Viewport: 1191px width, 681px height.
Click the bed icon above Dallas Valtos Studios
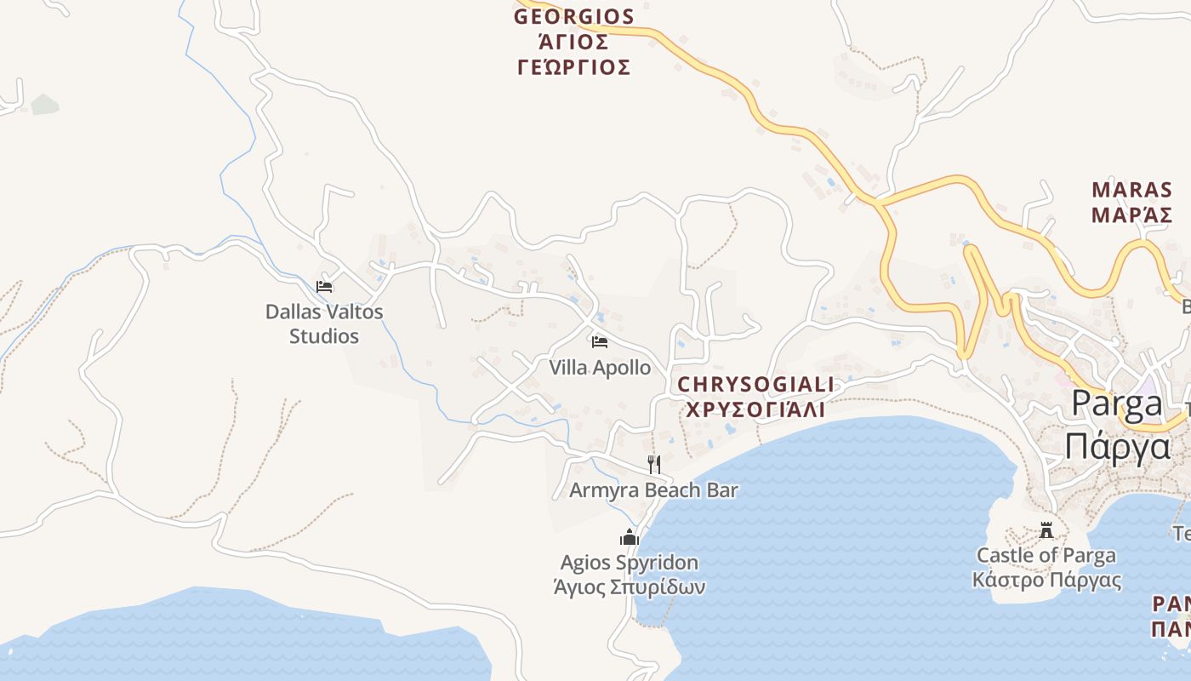coord(324,286)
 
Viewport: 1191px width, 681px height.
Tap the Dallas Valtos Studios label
coord(324,323)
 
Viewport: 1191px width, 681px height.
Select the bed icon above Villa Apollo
coord(600,342)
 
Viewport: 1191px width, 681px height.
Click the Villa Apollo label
coord(600,368)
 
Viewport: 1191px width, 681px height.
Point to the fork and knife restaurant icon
coord(653,464)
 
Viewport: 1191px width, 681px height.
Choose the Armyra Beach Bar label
coord(653,490)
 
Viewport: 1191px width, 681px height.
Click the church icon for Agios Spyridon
coord(629,537)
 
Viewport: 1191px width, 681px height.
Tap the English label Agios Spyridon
coord(629,563)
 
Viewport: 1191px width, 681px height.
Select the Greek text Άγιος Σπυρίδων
coord(629,587)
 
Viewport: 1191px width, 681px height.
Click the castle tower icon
coord(1046,530)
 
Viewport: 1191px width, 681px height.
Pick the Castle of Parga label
coord(1046,556)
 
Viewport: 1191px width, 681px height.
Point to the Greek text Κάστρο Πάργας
coord(1046,581)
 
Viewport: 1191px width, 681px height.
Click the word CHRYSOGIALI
coord(755,385)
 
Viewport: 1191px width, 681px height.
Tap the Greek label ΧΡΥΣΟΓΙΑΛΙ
coord(755,409)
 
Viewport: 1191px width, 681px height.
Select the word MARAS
coord(1132,189)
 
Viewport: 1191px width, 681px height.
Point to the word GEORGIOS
coord(574,17)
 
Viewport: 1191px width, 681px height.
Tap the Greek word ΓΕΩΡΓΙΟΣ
coord(574,67)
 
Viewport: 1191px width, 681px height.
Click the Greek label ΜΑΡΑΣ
coord(1132,215)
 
